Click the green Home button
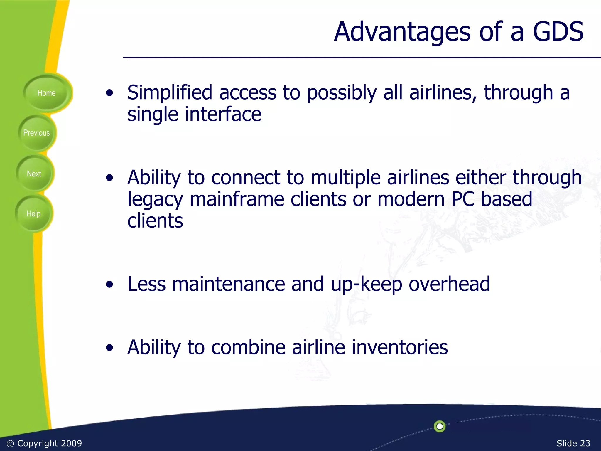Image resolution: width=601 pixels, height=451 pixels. pos(46,93)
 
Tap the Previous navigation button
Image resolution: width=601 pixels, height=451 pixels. pos(36,133)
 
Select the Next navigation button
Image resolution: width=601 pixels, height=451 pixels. pos(34,174)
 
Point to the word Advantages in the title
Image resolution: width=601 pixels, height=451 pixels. pos(402,32)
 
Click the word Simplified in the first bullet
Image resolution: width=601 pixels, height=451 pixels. pos(170,92)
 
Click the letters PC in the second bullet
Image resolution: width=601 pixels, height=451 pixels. pos(463,199)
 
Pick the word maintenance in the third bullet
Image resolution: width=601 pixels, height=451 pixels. pos(228,284)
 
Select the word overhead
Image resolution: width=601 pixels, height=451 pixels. pos(449,284)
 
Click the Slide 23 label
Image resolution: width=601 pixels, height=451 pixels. pos(573,443)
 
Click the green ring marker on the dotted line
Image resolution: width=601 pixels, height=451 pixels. pos(440,426)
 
